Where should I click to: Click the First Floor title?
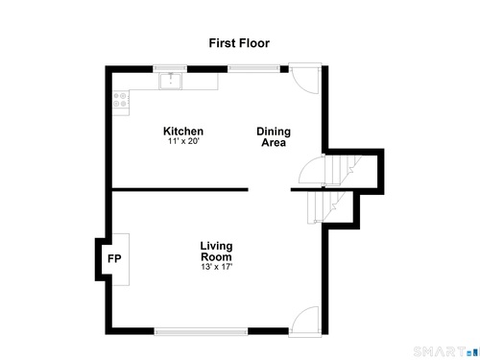[x=239, y=43]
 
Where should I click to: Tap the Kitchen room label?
[x=183, y=132]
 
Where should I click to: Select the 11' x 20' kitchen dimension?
[x=183, y=141]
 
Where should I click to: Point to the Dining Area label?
[x=274, y=137]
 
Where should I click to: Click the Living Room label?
[x=216, y=252]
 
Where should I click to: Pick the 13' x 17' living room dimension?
[x=216, y=267]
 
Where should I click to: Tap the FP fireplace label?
[x=114, y=258]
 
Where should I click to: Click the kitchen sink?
[x=171, y=82]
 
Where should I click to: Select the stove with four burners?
[x=121, y=100]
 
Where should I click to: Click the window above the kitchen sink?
[x=170, y=68]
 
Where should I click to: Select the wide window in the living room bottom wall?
[x=201, y=331]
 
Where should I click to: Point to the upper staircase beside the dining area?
[x=343, y=171]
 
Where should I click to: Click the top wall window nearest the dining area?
[x=253, y=68]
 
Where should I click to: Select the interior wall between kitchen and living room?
[x=180, y=190]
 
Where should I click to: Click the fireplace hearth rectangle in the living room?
[x=121, y=259]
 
